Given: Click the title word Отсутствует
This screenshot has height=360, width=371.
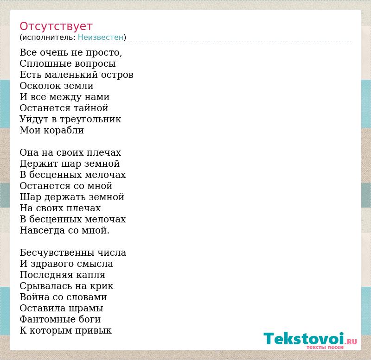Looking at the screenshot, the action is (56, 26).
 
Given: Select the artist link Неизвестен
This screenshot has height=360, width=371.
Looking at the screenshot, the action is (101, 38).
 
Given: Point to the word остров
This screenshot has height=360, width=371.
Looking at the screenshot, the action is (117, 75).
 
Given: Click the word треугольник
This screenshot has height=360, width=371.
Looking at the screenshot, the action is (90, 120).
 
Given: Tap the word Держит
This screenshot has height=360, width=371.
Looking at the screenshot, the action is (39, 164).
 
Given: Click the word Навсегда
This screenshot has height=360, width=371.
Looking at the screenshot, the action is (42, 230).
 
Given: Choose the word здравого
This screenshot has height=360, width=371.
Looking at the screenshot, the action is (52, 264).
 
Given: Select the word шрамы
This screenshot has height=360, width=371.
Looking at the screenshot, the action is (89, 309).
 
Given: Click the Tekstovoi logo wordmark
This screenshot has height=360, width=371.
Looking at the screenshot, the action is (304, 339).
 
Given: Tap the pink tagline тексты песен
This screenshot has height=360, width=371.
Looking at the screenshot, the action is (325, 347).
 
